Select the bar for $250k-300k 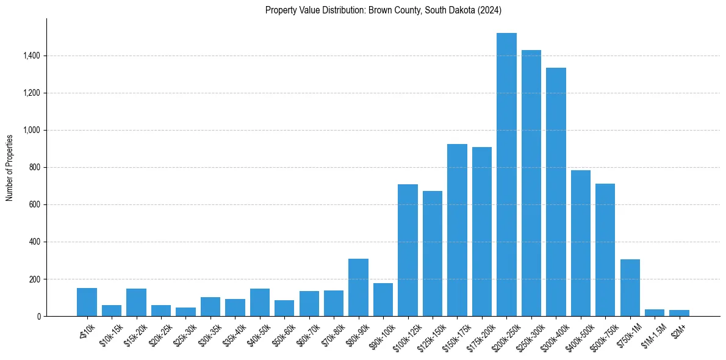[x=531, y=183]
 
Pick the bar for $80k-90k [x=358, y=287]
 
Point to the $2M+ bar [x=679, y=313]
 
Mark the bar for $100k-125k [x=408, y=250]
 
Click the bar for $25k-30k [x=185, y=312]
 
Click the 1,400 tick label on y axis [x=32, y=56]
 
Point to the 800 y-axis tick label [x=35, y=168]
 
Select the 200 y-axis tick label [x=35, y=279]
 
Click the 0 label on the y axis [x=39, y=317]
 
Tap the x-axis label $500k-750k [x=603, y=334]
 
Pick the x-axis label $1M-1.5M [x=652, y=334]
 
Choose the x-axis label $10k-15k [x=110, y=333]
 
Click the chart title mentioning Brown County [x=383, y=10]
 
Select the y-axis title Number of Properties [x=10, y=167]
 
